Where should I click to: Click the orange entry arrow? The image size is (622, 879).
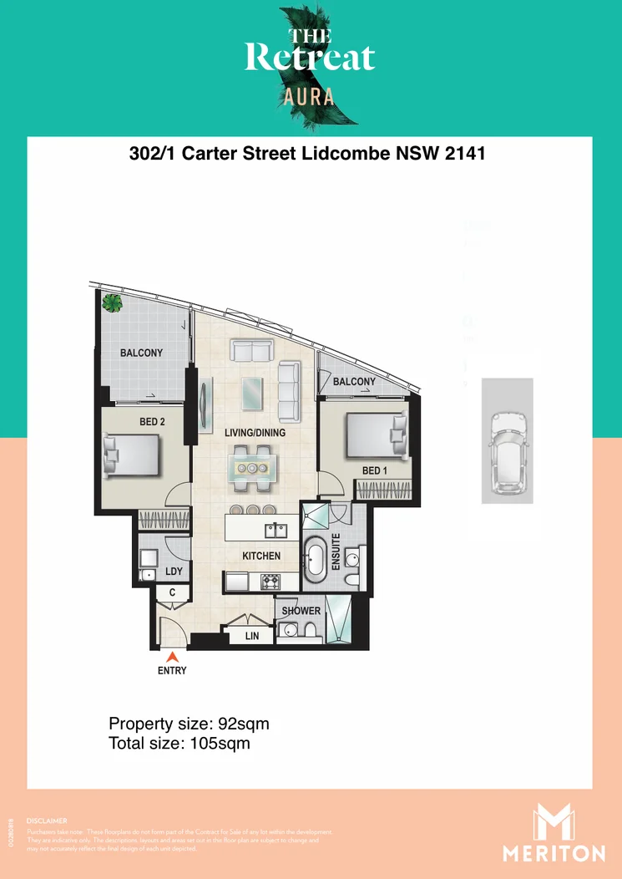173,658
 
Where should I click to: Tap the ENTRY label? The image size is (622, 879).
173,671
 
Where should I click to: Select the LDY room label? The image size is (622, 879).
174,572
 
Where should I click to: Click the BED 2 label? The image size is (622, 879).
152,422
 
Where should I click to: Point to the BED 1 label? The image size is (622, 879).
375,471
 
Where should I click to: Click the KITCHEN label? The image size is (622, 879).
261,556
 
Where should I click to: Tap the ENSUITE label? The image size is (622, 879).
336,551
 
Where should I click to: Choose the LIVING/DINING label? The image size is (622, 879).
255,433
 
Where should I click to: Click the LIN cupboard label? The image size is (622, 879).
252,636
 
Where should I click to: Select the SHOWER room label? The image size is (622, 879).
301,611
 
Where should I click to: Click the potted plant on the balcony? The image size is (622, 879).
110,304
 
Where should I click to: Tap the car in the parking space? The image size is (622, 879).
507,452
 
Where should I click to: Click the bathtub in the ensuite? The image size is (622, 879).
316,562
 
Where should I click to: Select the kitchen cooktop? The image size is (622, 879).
270,581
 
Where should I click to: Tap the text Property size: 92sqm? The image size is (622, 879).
189,724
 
